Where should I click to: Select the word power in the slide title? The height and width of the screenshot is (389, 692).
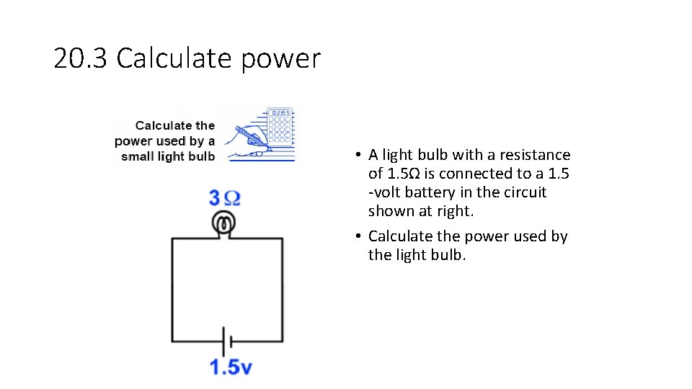[280, 60]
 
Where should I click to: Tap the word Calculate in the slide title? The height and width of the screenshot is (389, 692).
[176, 58]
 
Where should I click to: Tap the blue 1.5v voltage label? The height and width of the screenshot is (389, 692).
[231, 367]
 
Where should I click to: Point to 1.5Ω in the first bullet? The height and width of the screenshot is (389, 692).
[404, 174]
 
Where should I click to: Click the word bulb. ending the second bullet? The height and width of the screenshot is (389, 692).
[448, 255]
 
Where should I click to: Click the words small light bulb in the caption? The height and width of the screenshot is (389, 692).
[168, 156]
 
